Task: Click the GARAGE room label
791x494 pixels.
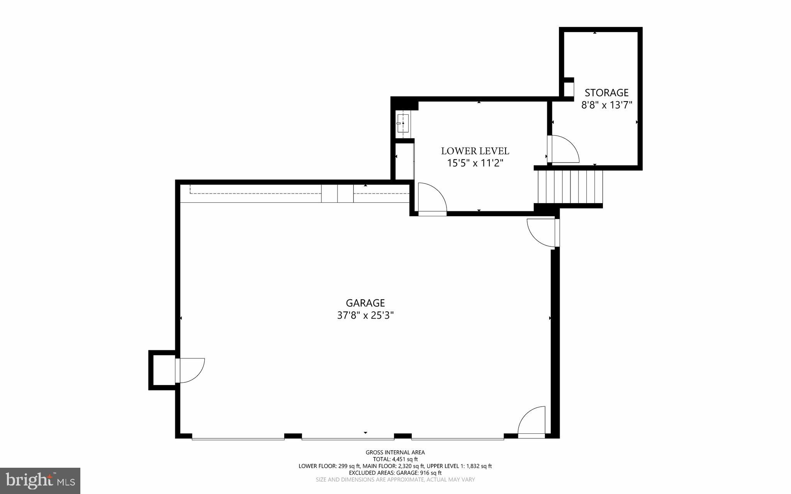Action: pos(365,303)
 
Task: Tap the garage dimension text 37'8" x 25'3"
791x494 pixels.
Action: pos(365,316)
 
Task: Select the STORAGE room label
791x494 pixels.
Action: pos(606,93)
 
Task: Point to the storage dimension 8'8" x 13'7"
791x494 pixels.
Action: pos(606,105)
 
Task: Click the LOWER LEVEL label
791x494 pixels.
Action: pos(475,151)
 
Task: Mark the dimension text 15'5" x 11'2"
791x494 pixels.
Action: pos(475,163)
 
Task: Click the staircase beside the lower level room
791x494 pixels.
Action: pos(570,187)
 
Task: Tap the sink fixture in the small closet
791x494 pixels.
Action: pos(402,123)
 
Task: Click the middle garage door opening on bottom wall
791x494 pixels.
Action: pos(348,438)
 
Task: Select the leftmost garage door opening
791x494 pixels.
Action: pos(238,438)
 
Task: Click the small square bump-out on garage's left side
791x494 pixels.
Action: pos(162,370)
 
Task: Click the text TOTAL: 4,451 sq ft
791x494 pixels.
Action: pos(395,459)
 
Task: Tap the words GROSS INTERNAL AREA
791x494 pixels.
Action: pos(395,452)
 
